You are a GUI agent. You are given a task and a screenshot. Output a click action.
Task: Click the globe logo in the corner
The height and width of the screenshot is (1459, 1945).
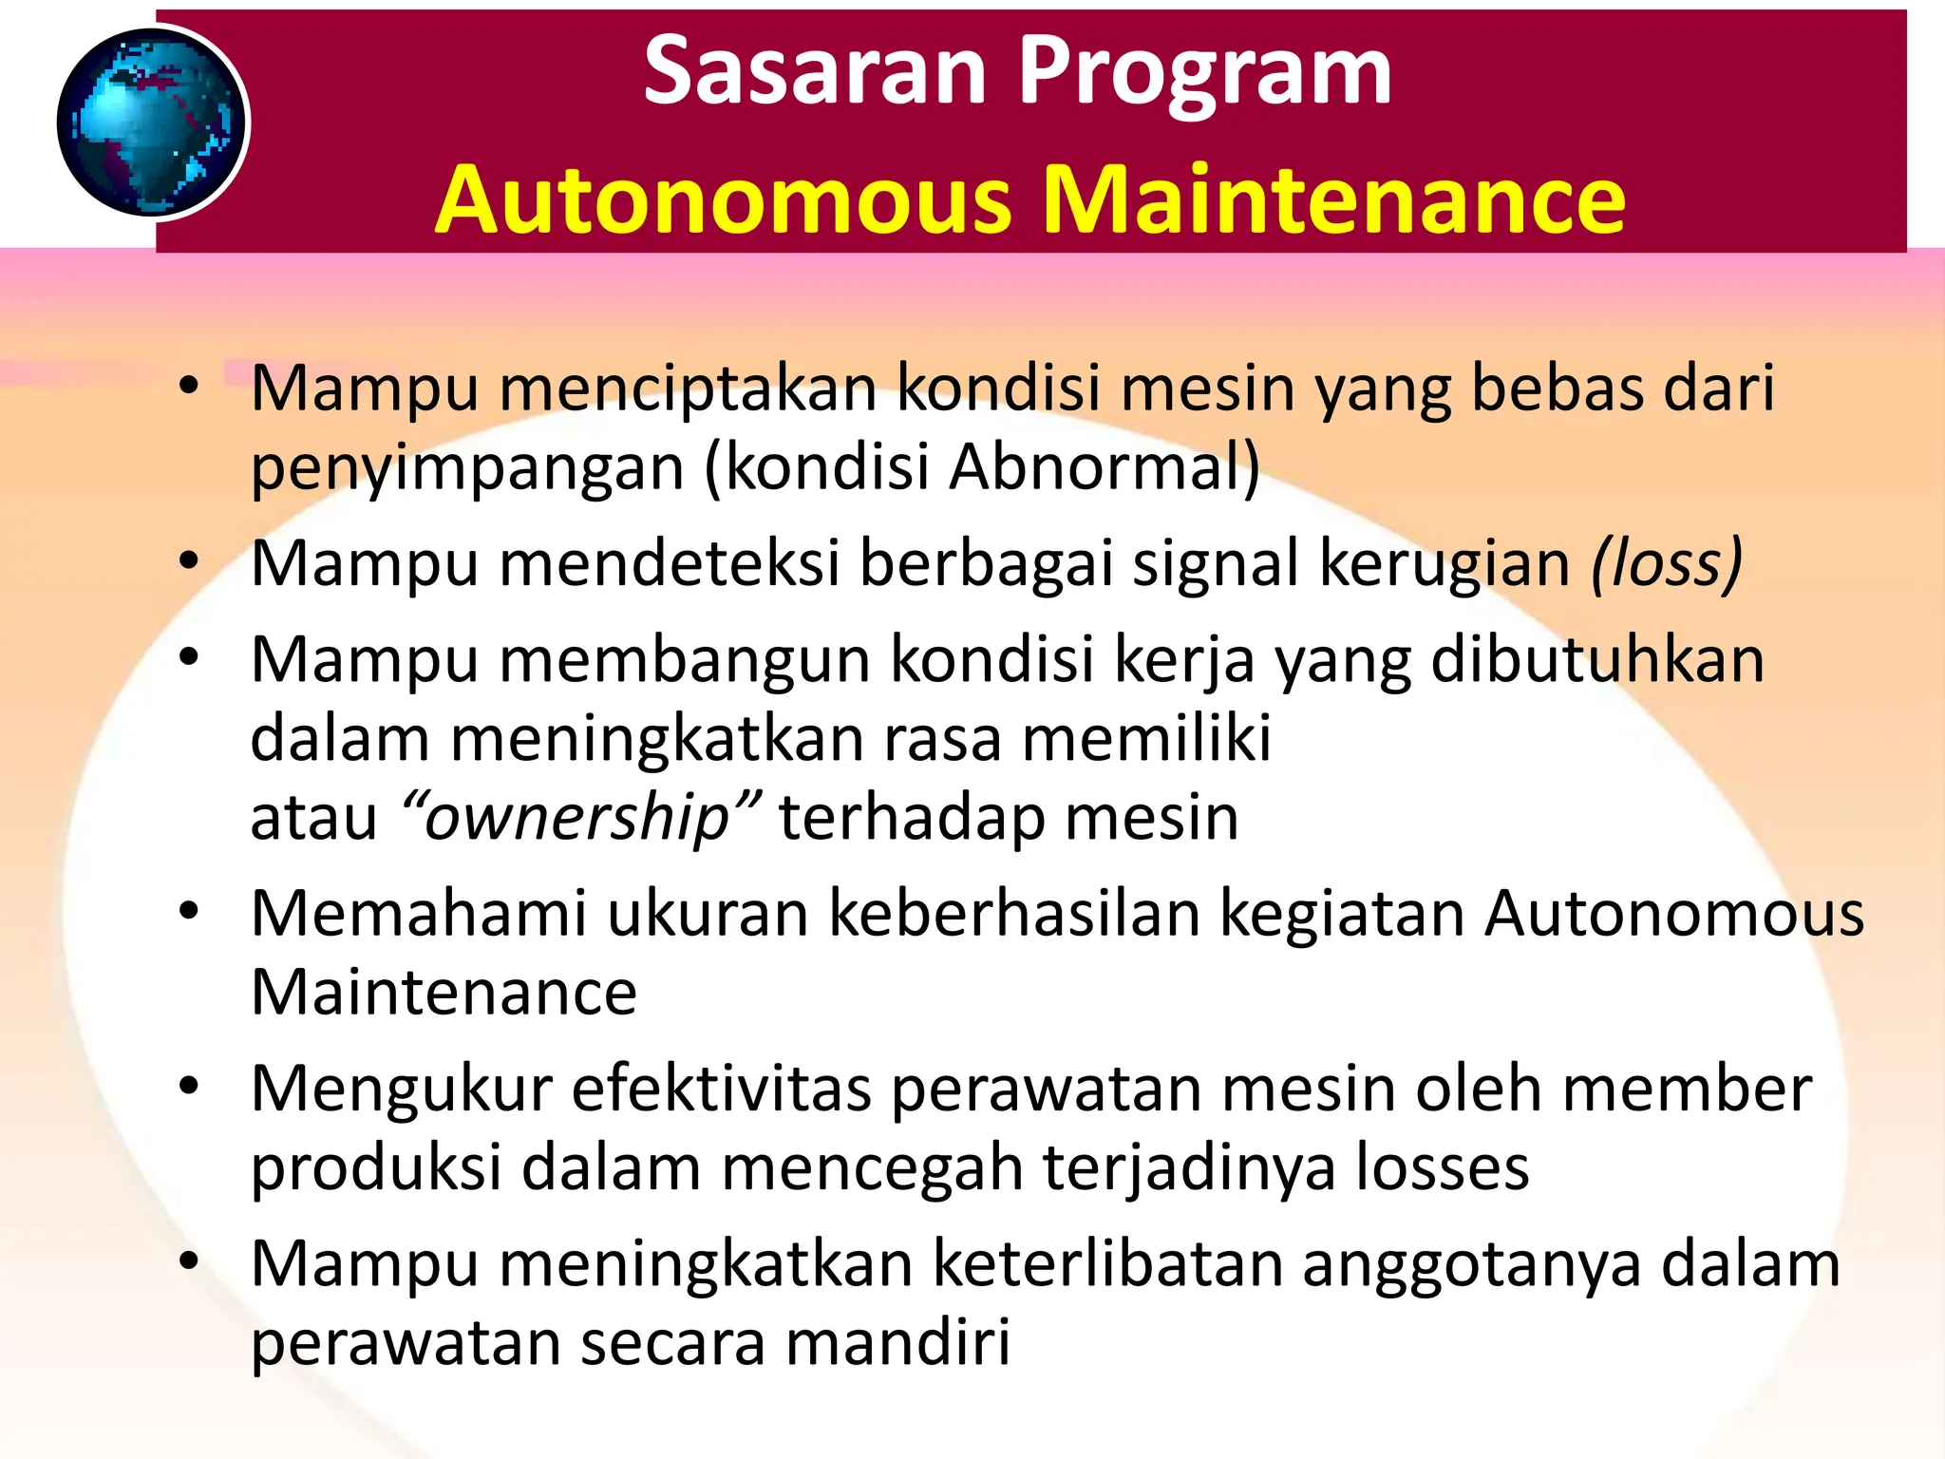click(x=152, y=123)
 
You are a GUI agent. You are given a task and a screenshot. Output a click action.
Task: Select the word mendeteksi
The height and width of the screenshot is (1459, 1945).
click(x=670, y=563)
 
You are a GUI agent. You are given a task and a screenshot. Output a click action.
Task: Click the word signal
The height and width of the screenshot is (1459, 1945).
click(x=1217, y=563)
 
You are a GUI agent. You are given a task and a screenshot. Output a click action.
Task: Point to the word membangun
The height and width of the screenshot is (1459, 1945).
click(x=684, y=659)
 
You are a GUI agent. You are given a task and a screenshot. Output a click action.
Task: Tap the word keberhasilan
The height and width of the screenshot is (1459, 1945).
click(x=1014, y=914)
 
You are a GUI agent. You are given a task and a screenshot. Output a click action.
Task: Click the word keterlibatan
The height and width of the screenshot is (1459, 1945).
click(x=1107, y=1264)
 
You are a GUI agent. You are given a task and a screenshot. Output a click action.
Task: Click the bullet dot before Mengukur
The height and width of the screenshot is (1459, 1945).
click(x=189, y=1086)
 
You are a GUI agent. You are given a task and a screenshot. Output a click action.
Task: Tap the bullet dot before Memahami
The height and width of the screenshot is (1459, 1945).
click(x=189, y=911)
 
